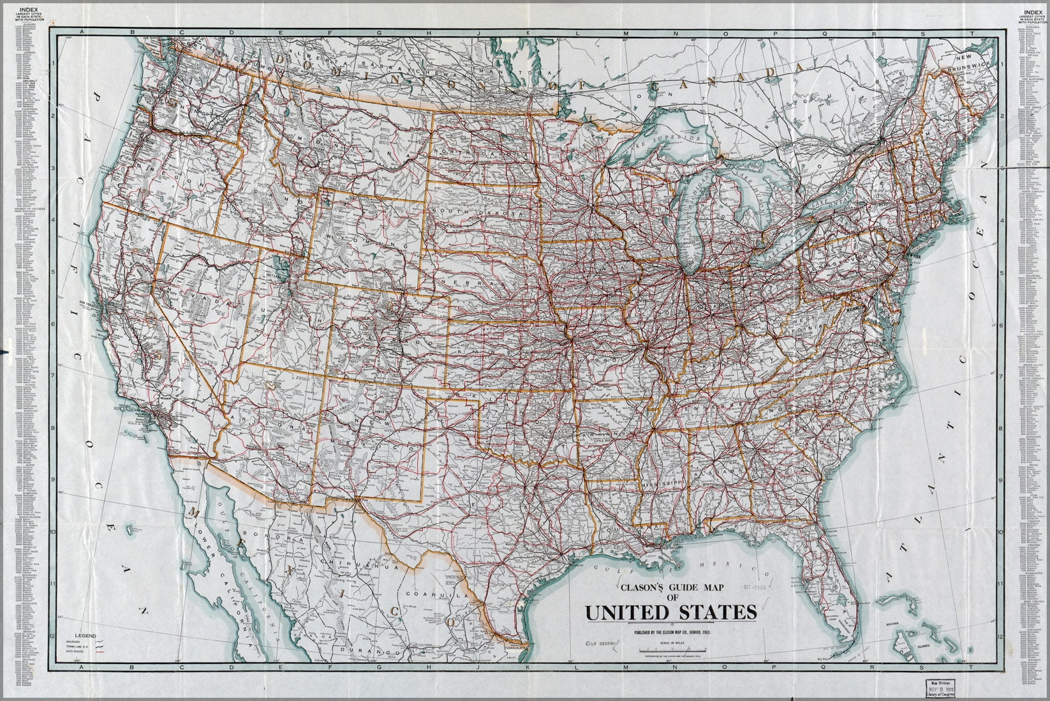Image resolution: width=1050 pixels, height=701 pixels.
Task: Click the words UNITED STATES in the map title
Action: pyautogui.click(x=671, y=613)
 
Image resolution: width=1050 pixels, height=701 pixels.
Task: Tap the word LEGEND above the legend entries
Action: pyautogui.click(x=85, y=637)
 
